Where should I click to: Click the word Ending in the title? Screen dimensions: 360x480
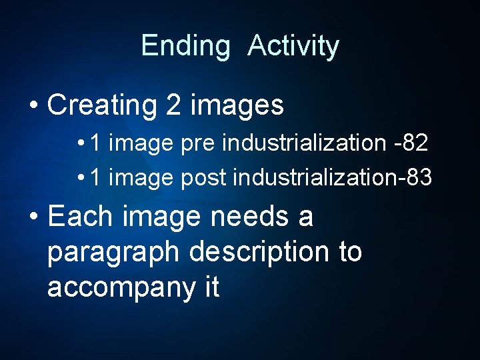point(185,47)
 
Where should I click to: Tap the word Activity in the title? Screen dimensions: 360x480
point(293,47)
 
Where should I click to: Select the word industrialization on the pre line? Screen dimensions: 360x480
point(304,142)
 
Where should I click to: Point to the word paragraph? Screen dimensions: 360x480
point(114,253)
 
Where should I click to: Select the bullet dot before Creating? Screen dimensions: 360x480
point(33,106)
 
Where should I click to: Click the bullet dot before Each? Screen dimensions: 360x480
point(33,217)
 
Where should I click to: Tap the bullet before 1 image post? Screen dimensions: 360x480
point(80,179)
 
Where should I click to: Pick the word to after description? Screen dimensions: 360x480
point(347,253)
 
